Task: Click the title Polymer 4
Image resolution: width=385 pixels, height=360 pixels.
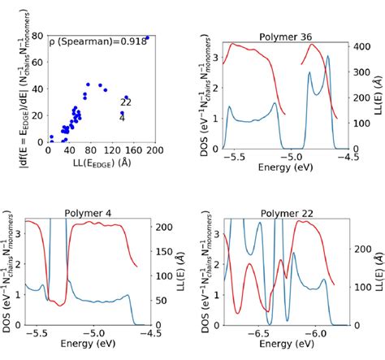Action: pos(85,214)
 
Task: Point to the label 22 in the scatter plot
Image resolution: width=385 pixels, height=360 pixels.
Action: pos(126,102)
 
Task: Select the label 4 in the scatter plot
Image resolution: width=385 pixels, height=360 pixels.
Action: pos(123,119)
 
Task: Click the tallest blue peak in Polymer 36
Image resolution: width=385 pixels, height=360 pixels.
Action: pos(328,58)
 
